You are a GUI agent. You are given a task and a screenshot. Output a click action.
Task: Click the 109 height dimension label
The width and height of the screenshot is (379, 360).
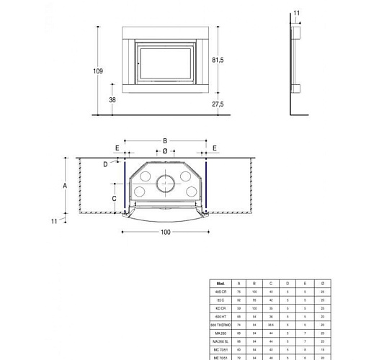(98, 71)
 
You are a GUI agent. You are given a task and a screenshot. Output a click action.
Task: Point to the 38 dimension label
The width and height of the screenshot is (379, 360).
(112, 100)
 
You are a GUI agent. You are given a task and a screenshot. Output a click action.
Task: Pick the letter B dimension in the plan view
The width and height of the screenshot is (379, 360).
(165, 141)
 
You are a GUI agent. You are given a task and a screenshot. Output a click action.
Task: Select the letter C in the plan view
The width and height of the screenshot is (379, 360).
(114, 197)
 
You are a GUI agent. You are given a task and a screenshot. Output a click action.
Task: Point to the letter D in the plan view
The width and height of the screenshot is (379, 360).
(105, 164)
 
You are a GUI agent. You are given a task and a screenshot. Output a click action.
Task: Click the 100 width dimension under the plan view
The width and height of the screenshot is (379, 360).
(166, 232)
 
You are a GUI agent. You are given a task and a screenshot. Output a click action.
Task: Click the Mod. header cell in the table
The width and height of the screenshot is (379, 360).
(220, 283)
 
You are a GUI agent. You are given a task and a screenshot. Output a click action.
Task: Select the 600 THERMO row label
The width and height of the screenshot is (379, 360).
(220, 325)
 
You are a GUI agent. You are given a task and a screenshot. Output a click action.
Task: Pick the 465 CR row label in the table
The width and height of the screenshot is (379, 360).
(220, 292)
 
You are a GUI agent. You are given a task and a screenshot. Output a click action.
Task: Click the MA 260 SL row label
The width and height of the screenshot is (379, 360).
(220, 341)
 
